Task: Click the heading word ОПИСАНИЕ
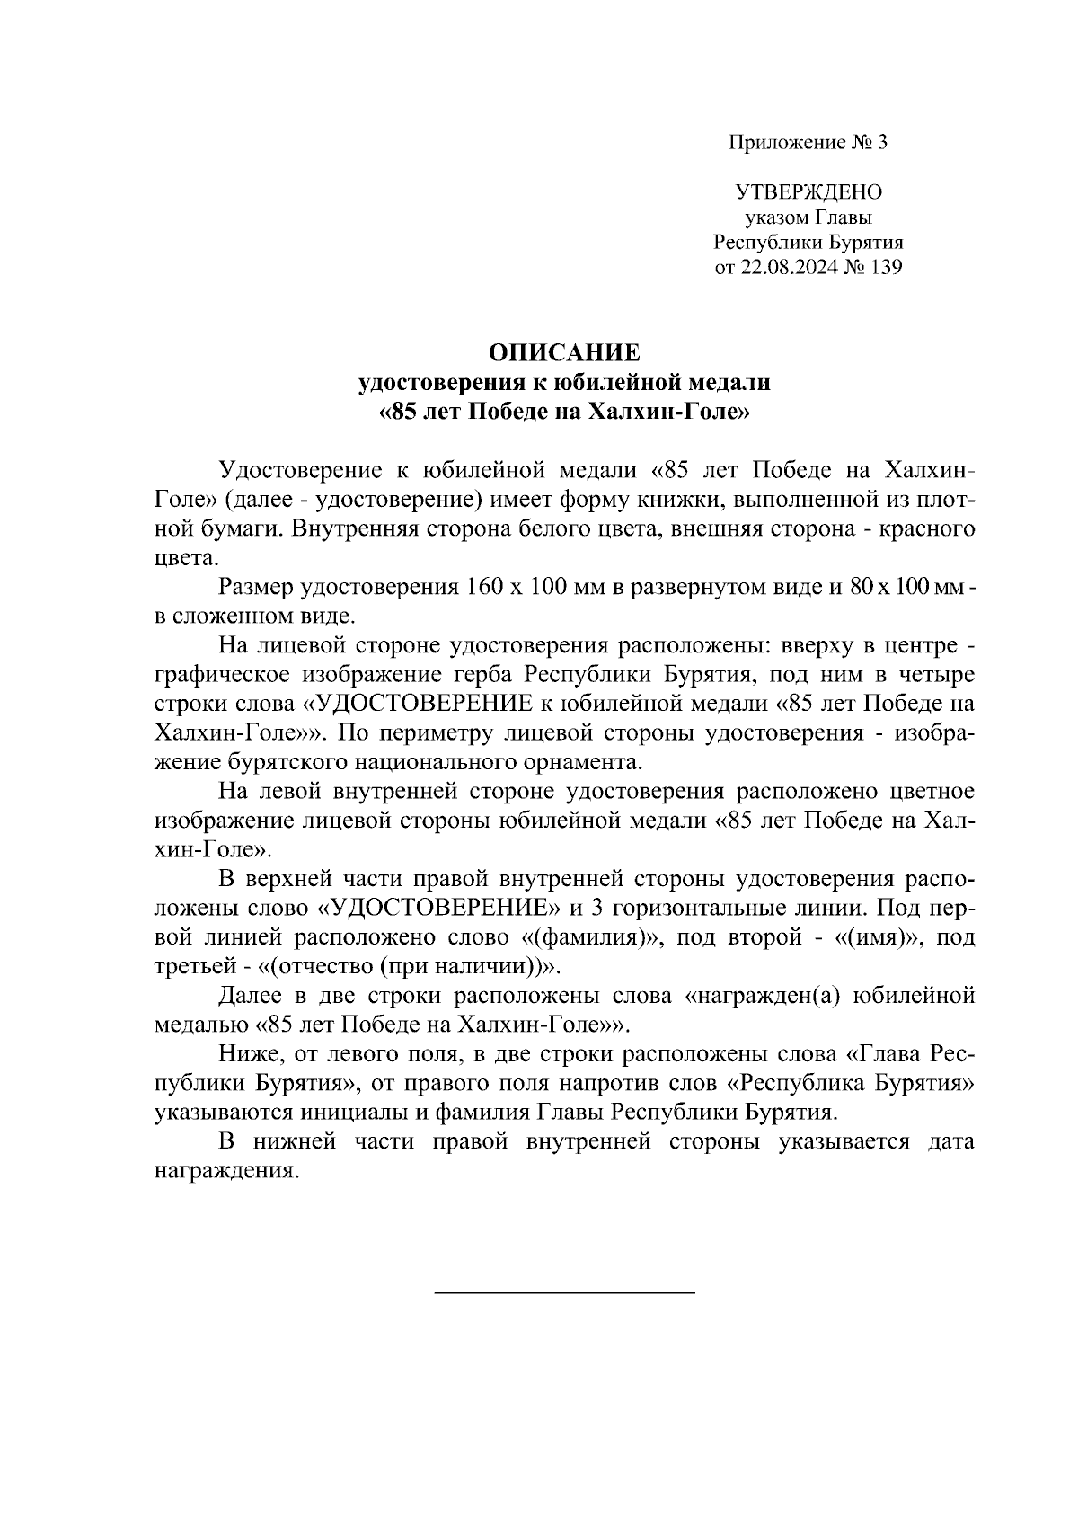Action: click(565, 351)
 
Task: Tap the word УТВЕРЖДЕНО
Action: click(808, 192)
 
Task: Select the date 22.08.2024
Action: click(790, 268)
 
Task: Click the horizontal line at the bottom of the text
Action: click(565, 1292)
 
